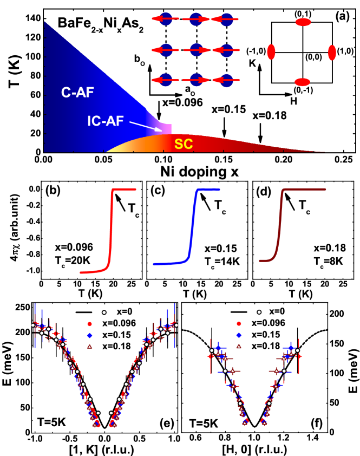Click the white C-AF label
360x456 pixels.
coord(77,93)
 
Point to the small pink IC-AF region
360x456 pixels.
coord(165,128)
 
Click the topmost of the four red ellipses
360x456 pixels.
coord(303,22)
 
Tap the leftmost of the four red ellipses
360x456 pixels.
coord(271,52)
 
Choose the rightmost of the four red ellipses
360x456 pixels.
coord(332,53)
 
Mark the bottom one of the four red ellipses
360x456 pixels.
coord(302,82)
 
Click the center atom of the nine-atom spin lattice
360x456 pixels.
coord(196,50)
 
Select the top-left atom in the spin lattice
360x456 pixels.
coord(166,19)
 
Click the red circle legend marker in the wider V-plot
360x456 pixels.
coord(89,324)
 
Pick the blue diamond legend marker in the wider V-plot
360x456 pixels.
coord(89,335)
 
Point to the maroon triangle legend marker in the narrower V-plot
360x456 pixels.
coord(239,346)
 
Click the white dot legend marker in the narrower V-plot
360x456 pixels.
coord(259,312)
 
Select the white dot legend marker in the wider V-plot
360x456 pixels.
coord(104,312)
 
